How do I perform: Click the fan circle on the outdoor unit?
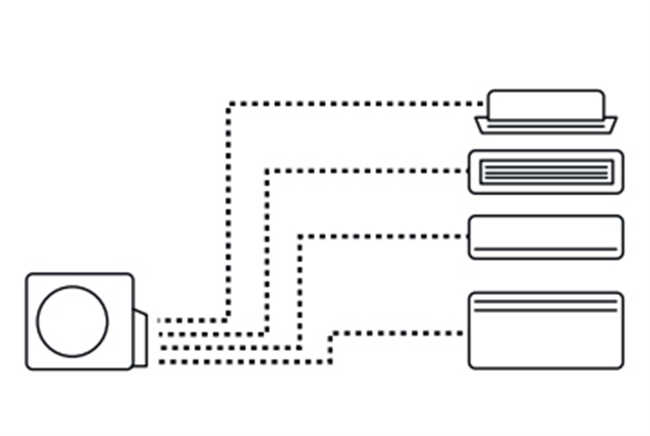[x=73, y=322]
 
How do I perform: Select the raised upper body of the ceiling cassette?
[x=546, y=104]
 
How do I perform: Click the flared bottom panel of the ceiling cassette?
[x=546, y=125]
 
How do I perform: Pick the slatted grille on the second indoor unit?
[x=546, y=172]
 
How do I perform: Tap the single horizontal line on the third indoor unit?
[x=546, y=249]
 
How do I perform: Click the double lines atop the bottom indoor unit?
[x=546, y=306]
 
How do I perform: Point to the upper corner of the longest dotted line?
[x=229, y=104]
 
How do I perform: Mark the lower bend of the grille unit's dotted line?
[x=266, y=334]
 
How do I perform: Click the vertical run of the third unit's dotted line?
[x=300, y=291]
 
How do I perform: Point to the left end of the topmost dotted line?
[x=160, y=320]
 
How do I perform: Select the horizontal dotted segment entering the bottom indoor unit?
[x=398, y=333]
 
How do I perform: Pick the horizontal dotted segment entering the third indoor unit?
[x=383, y=236]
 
